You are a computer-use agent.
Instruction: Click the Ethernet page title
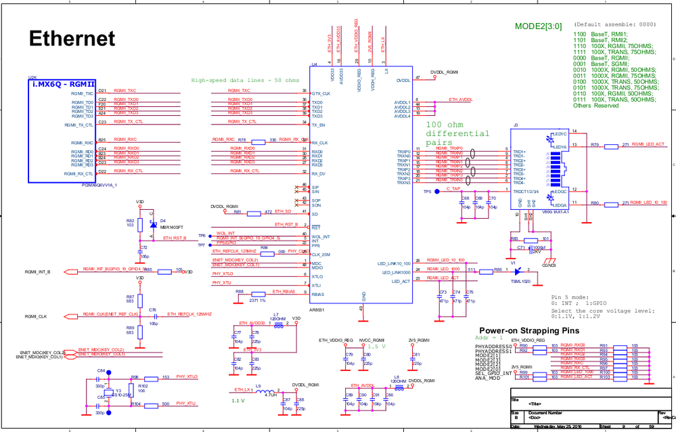point(72,39)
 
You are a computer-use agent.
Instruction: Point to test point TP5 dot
point(438,192)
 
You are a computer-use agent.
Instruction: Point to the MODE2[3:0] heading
point(538,26)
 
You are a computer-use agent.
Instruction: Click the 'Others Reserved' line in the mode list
point(596,106)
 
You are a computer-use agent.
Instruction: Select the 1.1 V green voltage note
point(238,401)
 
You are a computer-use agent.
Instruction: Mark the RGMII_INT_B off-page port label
point(42,271)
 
